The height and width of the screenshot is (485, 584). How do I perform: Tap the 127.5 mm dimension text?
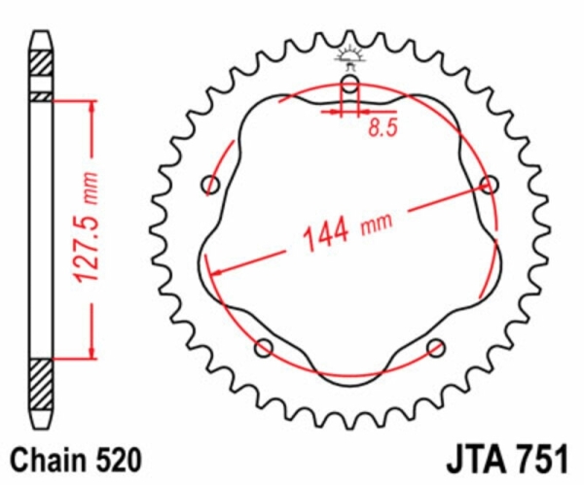87,226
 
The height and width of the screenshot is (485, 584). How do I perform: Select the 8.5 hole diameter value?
383,127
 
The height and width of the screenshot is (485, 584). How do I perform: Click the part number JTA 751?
507,459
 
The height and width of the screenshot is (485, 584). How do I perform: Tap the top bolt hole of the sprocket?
350,84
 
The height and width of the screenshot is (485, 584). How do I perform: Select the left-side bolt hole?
211,185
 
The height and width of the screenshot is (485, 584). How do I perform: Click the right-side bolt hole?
490,185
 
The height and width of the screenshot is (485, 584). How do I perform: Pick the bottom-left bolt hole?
264,348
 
